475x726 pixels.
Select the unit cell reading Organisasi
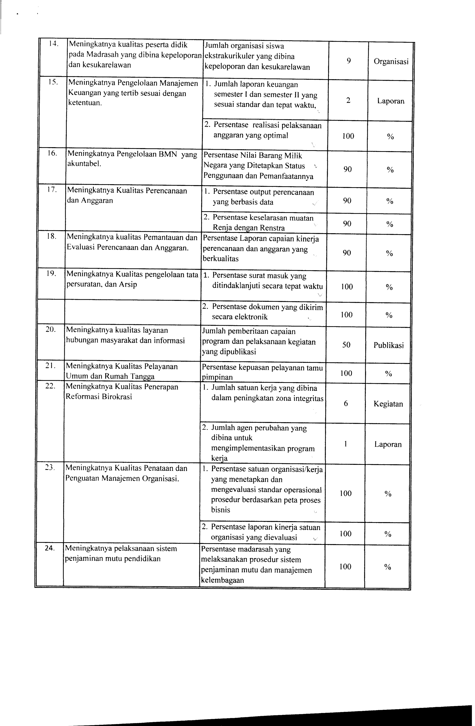(391, 62)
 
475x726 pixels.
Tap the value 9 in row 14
(349, 61)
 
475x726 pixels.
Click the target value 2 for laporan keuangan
(348, 100)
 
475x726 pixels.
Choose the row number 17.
(52, 190)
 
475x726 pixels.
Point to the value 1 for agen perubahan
(346, 444)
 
